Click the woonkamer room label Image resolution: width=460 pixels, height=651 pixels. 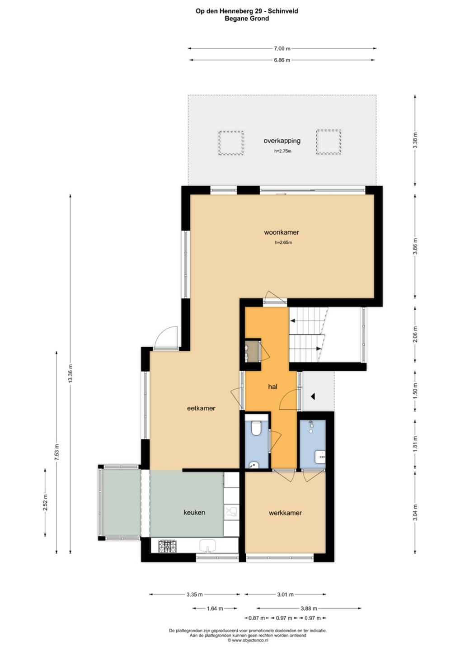point(282,232)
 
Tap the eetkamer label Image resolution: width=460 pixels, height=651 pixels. point(201,408)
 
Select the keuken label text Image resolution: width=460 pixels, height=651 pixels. point(194,512)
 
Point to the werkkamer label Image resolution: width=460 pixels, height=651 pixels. point(285,513)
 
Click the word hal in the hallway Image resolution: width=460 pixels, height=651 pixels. point(272,387)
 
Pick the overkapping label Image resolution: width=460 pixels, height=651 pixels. point(282,141)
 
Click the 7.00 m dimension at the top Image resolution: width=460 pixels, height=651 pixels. point(282,48)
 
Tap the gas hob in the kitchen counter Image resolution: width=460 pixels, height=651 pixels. point(167,546)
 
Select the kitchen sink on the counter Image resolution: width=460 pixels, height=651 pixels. point(208,546)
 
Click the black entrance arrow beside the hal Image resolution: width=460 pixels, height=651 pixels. point(313,396)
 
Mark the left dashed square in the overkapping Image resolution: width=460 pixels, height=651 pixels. point(231,143)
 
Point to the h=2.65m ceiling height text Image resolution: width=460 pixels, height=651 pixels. point(283,243)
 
